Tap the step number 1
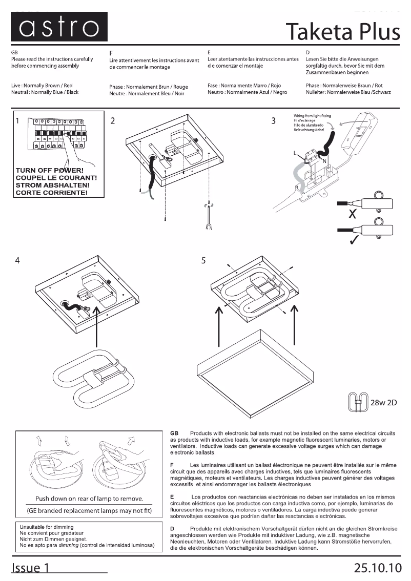pos(18,121)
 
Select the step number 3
pos(274,121)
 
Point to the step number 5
pos(203,260)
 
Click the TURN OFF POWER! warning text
pos(50,170)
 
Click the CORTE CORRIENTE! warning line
pos(51,193)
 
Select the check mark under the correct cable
pos(353,240)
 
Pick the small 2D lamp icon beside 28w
pos(358,402)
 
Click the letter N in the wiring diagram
pos(324,161)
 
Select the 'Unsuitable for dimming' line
pos(47,527)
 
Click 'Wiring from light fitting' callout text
pos(313,116)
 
